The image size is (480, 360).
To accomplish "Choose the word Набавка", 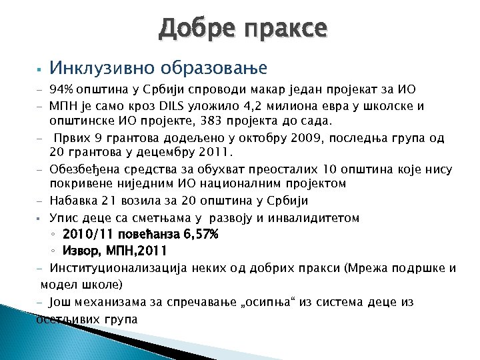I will tap(73, 201).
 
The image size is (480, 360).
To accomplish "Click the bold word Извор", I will tap(81, 251).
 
